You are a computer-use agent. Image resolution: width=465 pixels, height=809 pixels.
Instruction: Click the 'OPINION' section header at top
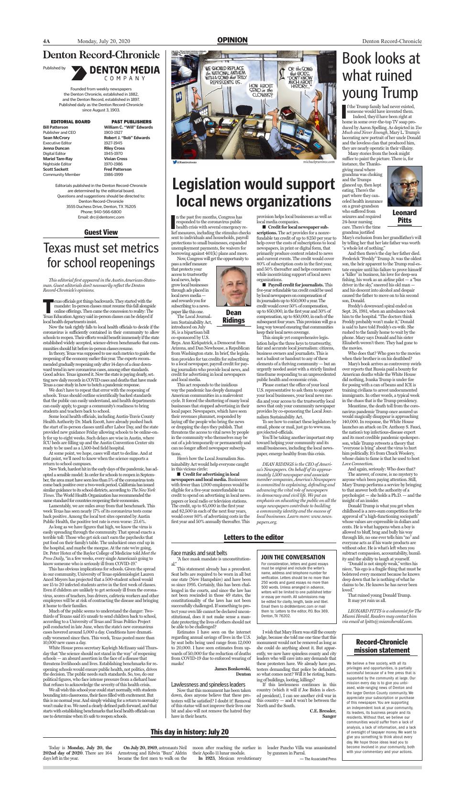pyautogui.click(x=232, y=40)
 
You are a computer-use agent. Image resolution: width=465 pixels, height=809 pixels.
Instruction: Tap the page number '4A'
pyautogui.click(x=46, y=41)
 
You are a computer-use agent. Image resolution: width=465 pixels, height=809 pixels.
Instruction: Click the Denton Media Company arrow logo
pyautogui.click(x=78, y=73)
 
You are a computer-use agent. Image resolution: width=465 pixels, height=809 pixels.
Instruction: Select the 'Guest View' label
pyautogui.click(x=101, y=232)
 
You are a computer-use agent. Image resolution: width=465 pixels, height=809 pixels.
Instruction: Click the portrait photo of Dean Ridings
pyautogui.click(x=233, y=286)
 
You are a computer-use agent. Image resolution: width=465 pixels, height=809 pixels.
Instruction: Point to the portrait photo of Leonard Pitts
pyautogui.click(x=405, y=187)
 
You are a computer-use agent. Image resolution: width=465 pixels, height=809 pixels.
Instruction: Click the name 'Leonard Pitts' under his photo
pyautogui.click(x=405, y=217)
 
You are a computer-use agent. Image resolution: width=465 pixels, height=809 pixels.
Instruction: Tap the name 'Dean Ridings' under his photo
pyautogui.click(x=233, y=317)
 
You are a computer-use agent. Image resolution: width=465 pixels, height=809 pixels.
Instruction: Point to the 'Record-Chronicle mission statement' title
pyautogui.click(x=382, y=646)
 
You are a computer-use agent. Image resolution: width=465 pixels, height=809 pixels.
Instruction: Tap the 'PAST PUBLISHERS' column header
pyautogui.click(x=131, y=122)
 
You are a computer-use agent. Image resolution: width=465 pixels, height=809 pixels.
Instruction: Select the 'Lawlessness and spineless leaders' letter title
pyautogui.click(x=208, y=685)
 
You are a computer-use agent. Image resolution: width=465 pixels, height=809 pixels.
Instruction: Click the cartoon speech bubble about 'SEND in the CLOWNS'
pyautogui.click(x=261, y=90)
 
